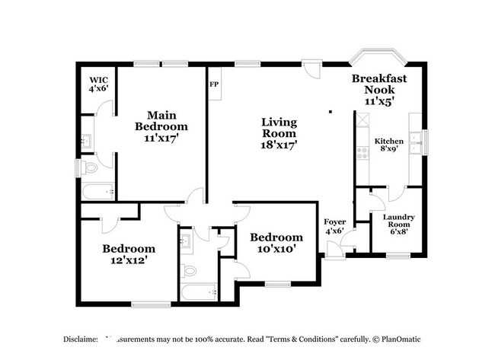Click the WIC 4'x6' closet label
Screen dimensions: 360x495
tap(98, 84)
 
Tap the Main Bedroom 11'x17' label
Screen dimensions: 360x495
tap(161, 125)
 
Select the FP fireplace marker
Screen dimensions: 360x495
tap(213, 84)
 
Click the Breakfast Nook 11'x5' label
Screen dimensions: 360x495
tap(378, 89)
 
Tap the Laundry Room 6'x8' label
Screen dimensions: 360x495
tap(398, 225)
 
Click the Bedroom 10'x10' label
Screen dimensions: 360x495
tap(276, 242)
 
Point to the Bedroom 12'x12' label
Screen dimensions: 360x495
tap(129, 253)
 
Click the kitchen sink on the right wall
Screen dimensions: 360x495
tap(416, 140)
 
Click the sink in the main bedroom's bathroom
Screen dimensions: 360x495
tap(86, 141)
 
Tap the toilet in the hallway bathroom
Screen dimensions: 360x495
tap(190, 268)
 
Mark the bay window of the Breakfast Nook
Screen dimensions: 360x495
tap(378, 59)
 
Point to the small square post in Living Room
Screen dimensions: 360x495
tap(330, 112)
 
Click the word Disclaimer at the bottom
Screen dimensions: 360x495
tap(78, 339)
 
